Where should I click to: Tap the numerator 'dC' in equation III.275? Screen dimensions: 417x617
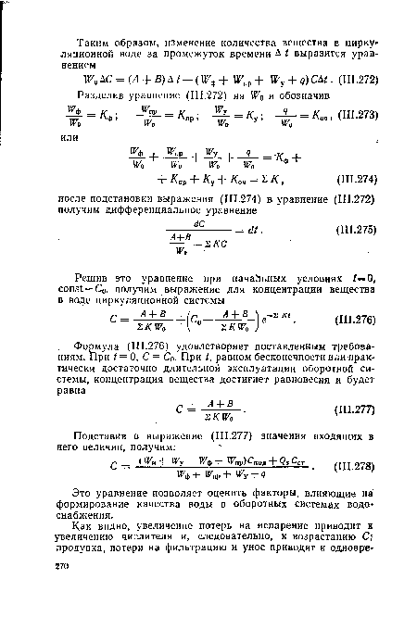point(225,219)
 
